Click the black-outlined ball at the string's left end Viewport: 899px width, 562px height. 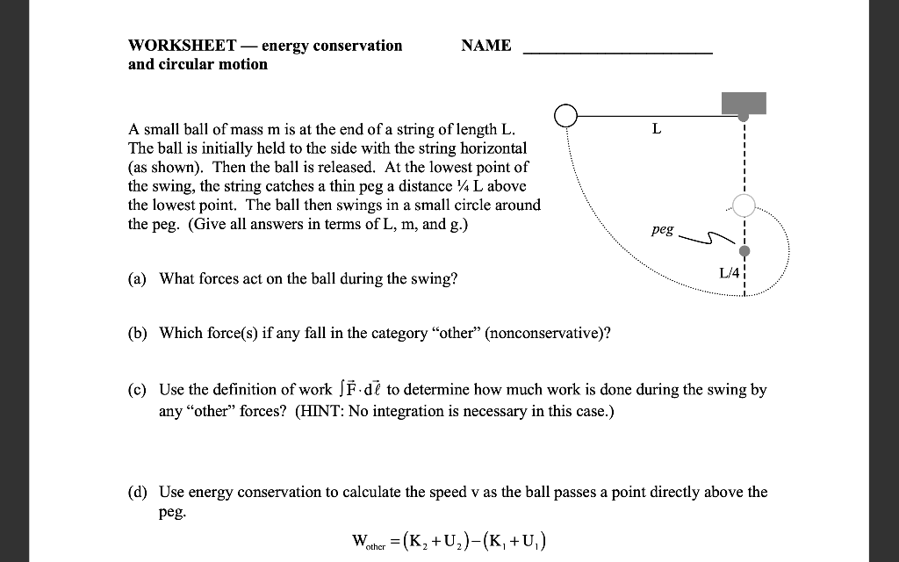point(566,117)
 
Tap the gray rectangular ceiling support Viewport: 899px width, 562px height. point(744,103)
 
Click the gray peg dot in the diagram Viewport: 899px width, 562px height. point(744,252)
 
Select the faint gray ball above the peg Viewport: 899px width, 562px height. point(744,205)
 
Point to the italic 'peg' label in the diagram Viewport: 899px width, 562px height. point(663,229)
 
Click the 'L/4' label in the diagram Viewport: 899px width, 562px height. point(730,273)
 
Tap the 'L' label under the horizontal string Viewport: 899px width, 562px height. point(656,130)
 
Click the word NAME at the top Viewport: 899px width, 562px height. point(485,46)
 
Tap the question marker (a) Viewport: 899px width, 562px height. point(136,279)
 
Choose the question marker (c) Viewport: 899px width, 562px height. point(136,389)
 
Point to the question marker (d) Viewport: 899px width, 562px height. point(137,492)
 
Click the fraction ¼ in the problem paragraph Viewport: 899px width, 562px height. point(452,185)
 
